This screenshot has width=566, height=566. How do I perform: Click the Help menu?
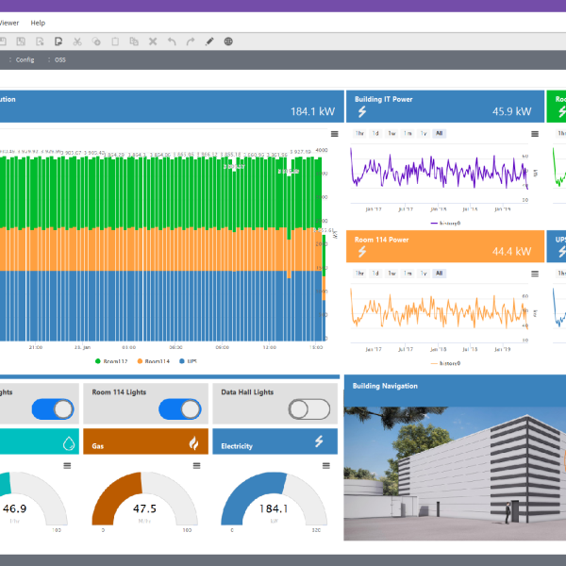[38, 22]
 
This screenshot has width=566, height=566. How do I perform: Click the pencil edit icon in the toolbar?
[209, 42]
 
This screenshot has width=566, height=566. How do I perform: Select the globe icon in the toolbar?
[228, 42]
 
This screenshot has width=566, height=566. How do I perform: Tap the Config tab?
[25, 59]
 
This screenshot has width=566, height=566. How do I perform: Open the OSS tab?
[60, 59]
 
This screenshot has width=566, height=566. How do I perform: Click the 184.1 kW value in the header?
[312, 111]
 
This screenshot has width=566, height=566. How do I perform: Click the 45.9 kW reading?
[513, 111]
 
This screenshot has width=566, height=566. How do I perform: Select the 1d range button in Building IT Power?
[375, 133]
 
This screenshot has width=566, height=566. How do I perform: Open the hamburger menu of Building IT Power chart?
[535, 133]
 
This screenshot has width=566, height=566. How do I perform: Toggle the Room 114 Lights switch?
[180, 408]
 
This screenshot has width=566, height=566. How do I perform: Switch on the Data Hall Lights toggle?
[309, 408]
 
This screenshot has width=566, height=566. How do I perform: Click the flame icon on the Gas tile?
[193, 442]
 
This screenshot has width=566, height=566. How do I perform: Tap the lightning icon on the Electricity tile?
[320, 441]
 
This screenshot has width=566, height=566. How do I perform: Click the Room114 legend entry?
[154, 360]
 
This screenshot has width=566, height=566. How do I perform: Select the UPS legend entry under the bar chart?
[187, 360]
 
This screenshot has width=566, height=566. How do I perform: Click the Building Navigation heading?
[386, 386]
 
